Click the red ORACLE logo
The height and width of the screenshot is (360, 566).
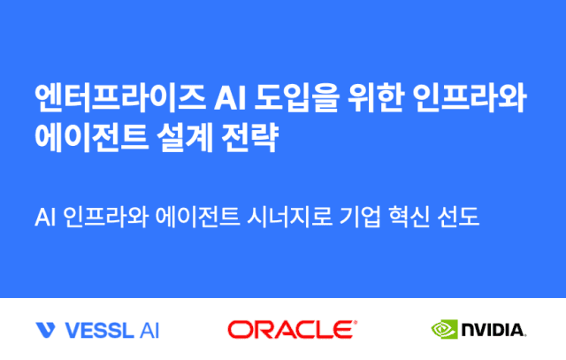(292, 330)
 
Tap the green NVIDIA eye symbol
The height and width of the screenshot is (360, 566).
(445, 330)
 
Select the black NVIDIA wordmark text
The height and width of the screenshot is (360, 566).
(493, 331)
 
